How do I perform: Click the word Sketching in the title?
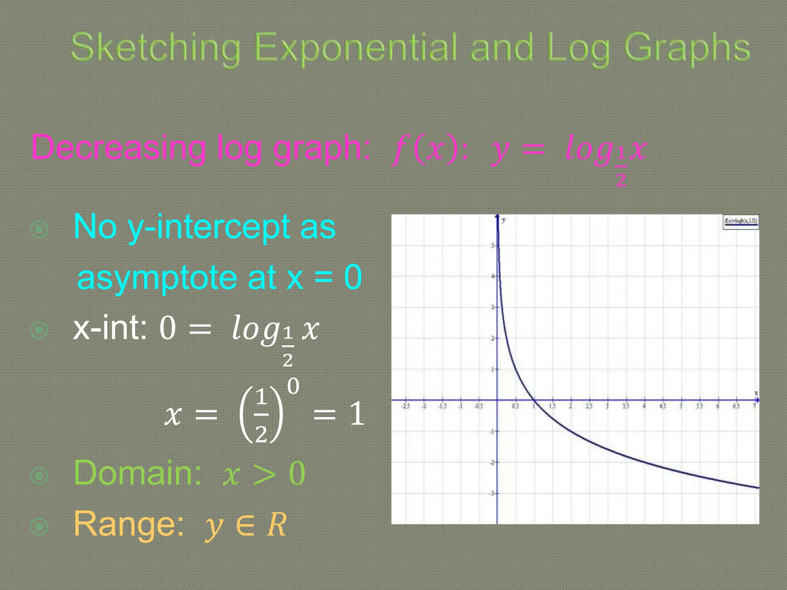coord(156,48)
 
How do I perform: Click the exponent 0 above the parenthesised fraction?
coord(293,386)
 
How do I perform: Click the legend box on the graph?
coord(741,222)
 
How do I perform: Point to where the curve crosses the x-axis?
coord(534,400)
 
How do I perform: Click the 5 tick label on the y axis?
coord(492,245)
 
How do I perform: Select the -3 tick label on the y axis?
coord(491,493)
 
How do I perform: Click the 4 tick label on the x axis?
coord(644,406)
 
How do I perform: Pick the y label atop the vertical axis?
coord(503,220)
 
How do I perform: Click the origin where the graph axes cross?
coord(497,400)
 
